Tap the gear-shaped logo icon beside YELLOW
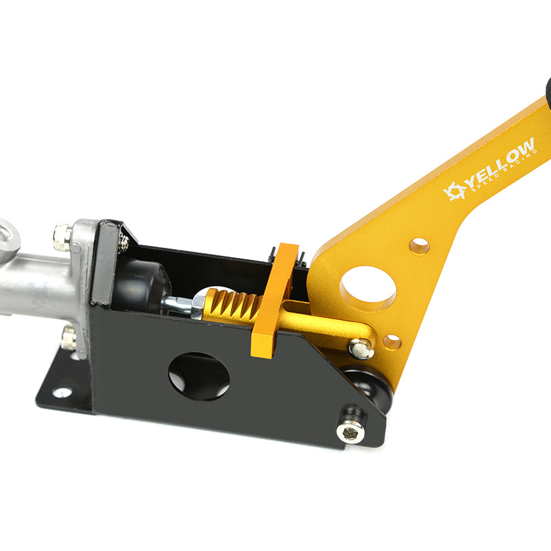point(455,191)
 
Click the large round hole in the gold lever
point(367,287)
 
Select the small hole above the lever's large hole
point(419,246)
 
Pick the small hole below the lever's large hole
point(391,342)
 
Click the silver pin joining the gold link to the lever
point(361,347)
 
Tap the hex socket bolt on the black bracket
point(350,432)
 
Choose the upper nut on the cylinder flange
point(62,236)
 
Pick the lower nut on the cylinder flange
point(68,338)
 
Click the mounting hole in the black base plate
point(62,392)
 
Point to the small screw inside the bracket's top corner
point(124,242)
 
